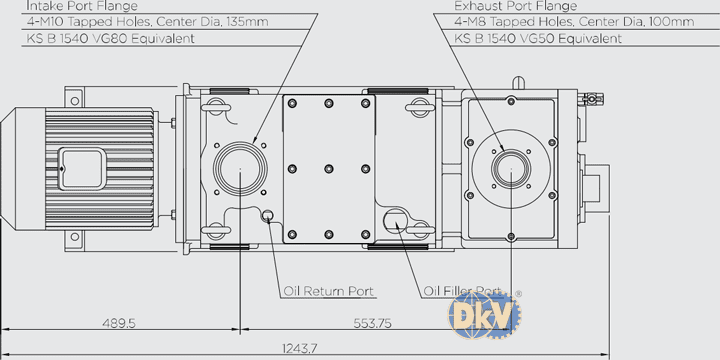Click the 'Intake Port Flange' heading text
pyautogui.click(x=82, y=6)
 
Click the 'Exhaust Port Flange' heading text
pyautogui.click(x=515, y=6)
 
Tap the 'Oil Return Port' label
pyautogui.click(x=328, y=291)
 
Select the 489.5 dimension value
pyautogui.click(x=118, y=323)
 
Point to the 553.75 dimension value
pyautogui.click(x=372, y=323)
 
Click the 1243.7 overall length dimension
pyautogui.click(x=300, y=349)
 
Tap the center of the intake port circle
pyautogui.click(x=240, y=169)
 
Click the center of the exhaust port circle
pyautogui.click(x=511, y=169)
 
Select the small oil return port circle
pyautogui.click(x=267, y=215)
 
